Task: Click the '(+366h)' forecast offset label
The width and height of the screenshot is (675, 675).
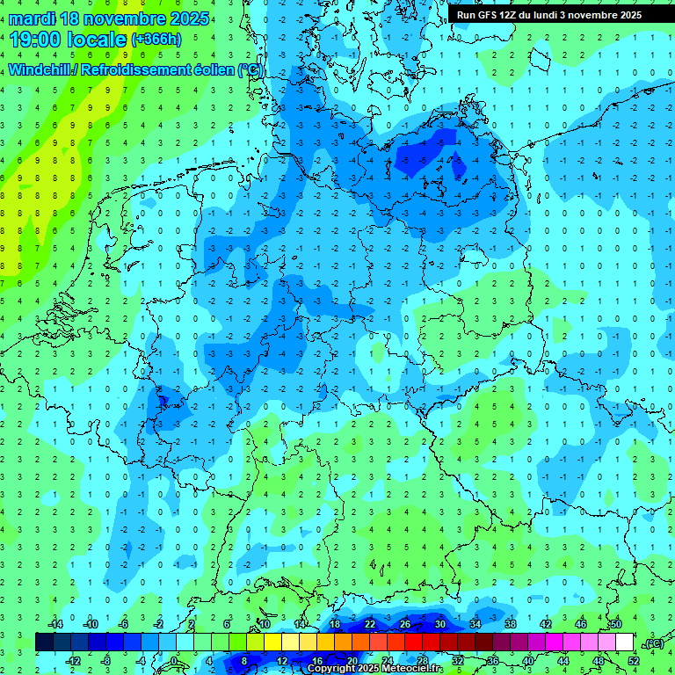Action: (x=156, y=40)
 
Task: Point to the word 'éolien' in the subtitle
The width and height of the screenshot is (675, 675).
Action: (x=210, y=69)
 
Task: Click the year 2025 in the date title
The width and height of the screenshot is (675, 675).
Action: (x=188, y=18)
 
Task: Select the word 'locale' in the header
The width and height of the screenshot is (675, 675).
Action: (x=99, y=40)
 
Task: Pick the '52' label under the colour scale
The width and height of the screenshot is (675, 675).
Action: (x=634, y=661)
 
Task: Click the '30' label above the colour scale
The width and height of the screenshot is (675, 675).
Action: (x=440, y=624)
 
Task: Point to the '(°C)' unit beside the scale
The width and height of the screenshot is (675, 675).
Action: (x=652, y=643)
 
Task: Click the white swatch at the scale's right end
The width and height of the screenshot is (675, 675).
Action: (x=624, y=642)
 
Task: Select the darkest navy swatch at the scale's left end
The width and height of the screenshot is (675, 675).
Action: (x=44, y=642)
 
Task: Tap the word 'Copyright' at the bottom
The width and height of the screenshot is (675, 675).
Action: (x=333, y=669)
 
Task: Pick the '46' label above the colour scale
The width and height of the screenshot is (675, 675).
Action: (x=581, y=624)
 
